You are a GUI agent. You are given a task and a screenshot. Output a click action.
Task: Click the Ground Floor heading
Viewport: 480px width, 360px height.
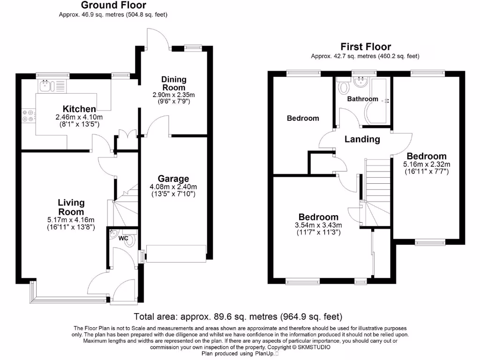click(113, 5)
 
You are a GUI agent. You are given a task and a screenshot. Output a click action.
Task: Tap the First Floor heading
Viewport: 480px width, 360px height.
click(365, 46)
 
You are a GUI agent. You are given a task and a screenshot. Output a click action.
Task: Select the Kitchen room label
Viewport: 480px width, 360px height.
click(79, 109)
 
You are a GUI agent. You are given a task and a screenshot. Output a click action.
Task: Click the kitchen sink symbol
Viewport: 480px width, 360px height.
click(46, 85)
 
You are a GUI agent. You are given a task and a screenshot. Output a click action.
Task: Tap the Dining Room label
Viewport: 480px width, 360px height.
click(173, 83)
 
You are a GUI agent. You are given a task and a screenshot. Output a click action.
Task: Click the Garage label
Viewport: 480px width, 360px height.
click(173, 179)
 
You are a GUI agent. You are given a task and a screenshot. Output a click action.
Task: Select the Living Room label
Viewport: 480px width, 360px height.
click(71, 207)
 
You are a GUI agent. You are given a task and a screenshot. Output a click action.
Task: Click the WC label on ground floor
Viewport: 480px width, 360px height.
click(123, 239)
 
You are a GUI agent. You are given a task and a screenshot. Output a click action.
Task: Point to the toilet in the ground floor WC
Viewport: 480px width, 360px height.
click(130, 240)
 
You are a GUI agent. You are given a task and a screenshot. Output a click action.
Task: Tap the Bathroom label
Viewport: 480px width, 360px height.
click(362, 99)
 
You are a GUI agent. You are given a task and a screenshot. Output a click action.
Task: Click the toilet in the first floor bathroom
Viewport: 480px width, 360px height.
click(344, 86)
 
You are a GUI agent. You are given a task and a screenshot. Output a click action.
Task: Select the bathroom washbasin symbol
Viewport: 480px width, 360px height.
click(361, 82)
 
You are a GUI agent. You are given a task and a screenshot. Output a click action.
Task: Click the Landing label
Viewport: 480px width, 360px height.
click(362, 139)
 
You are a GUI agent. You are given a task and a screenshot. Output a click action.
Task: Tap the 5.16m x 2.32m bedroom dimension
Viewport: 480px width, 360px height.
click(426, 165)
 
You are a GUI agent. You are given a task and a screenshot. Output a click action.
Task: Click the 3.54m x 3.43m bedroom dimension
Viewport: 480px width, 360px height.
click(318, 225)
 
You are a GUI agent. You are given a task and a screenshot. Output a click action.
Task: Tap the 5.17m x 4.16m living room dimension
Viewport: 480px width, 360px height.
click(71, 220)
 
